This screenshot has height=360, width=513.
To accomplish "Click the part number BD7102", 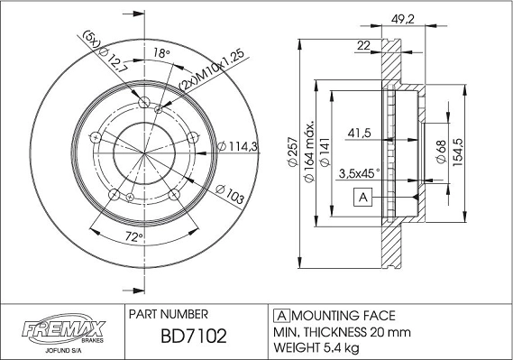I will click(x=187, y=337).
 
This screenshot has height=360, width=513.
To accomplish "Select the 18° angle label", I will click(x=161, y=54).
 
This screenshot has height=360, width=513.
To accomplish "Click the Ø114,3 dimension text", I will click(x=237, y=146).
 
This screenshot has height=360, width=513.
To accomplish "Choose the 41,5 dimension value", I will click(x=360, y=133).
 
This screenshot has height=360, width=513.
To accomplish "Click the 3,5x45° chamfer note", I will click(x=359, y=172).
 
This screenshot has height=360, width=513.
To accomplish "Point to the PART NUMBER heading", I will click(x=169, y=315).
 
